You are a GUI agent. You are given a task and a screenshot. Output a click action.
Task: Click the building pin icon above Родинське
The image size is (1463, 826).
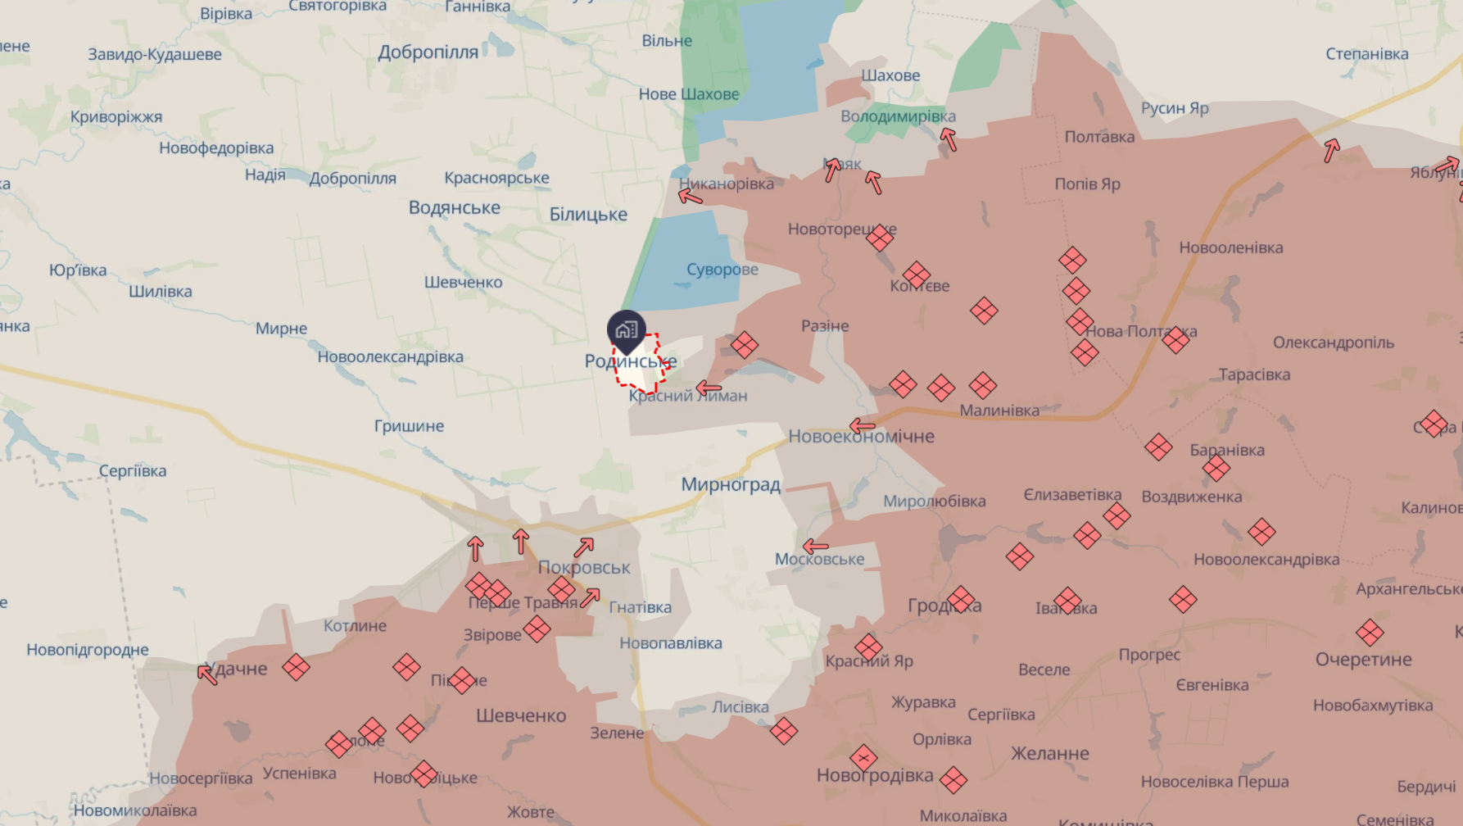pos(627,330)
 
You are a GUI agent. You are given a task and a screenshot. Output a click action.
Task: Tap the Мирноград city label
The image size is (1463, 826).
pos(731,484)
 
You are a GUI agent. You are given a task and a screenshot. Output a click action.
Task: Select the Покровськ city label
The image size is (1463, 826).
pos(584,567)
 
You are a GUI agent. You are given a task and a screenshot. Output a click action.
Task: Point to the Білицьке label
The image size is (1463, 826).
pos(588,215)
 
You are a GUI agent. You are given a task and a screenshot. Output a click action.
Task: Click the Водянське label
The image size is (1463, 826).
pos(454,208)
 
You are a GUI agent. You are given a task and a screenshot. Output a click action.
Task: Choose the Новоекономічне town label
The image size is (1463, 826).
pos(862,437)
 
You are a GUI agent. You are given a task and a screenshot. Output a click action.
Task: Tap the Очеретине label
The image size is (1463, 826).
pos(1363,660)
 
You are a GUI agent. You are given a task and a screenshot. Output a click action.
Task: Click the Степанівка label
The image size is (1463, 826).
pos(1366,54)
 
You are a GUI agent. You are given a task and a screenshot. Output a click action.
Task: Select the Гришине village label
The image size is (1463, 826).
pos(409,426)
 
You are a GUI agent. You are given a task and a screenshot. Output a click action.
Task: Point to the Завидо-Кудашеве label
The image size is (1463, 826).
pos(155,55)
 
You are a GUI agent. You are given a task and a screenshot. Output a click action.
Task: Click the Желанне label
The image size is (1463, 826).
pos(1049,754)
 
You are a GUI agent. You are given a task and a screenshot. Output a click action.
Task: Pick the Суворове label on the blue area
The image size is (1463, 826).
pos(722,270)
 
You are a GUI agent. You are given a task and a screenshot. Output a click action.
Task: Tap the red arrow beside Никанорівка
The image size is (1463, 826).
pos(690,196)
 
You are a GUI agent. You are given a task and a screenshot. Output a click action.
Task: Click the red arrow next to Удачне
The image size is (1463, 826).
pos(207,674)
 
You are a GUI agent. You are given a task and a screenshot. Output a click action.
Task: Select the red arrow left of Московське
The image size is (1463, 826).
pos(815,546)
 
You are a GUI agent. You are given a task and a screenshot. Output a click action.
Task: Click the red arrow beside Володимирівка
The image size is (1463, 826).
pos(949,139)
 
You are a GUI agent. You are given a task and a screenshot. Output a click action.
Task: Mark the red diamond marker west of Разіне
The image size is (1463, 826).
pos(744,345)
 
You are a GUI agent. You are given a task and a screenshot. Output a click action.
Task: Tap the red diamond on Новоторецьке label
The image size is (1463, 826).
pos(879,238)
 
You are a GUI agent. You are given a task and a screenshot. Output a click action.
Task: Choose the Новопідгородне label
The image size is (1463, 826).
pos(88,650)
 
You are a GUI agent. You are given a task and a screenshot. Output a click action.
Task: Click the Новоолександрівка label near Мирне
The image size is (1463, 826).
pos(390,357)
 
